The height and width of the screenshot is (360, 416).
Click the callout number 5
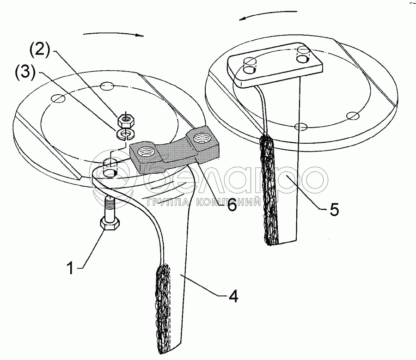click(334, 209)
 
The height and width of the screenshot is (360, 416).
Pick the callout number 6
click(230, 205)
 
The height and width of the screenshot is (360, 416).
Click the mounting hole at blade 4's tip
click(110, 172)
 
